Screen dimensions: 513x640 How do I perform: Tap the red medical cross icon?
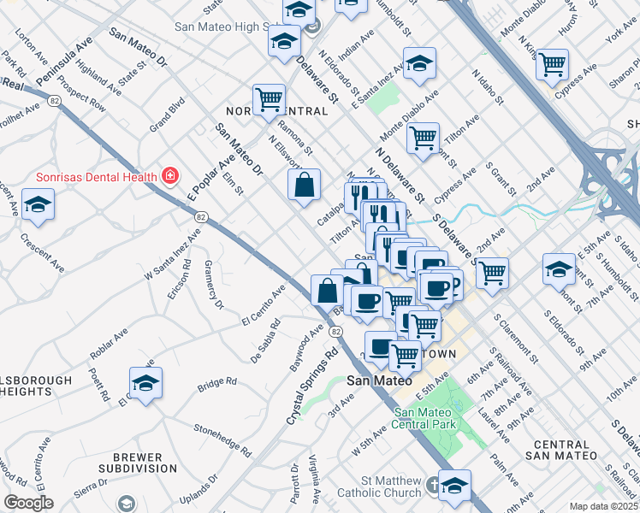pos(170,176)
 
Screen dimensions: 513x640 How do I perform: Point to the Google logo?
pos(28,503)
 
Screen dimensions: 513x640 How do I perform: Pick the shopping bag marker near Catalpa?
pos(305,186)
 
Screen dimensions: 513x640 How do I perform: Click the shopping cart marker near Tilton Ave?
pos(423,137)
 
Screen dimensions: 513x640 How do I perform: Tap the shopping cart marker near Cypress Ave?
pos(552,63)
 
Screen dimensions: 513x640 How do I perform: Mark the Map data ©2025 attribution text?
pos(603,506)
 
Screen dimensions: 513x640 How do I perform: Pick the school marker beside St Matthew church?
pos(454,485)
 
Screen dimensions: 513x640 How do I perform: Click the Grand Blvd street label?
pos(168,114)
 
